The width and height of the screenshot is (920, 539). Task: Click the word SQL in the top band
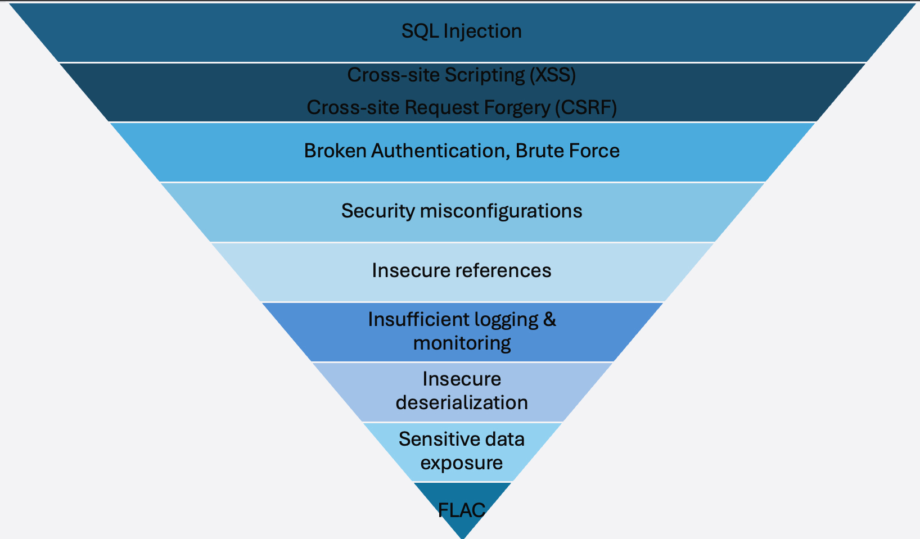point(420,31)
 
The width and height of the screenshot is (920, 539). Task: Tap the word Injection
point(482,31)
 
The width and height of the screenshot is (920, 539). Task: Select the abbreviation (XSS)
point(553,75)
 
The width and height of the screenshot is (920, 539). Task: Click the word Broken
point(335,151)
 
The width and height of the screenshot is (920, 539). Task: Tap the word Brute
point(538,151)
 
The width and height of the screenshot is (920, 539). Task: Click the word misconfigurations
point(501,211)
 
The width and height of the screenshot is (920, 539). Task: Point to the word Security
point(377,211)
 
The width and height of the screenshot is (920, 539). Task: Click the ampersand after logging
point(549,319)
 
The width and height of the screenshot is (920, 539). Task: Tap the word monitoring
point(462,343)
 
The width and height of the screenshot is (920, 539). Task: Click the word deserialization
point(462,402)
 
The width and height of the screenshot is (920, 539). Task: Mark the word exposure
point(462,463)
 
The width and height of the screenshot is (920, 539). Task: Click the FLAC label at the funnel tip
point(462,510)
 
